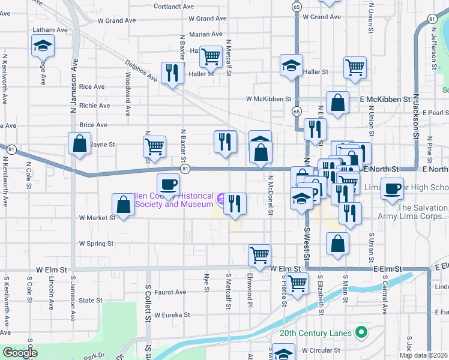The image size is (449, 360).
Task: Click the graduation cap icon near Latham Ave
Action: pyautogui.click(x=42, y=46)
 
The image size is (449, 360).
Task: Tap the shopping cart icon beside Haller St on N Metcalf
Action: pyautogui.click(x=211, y=57)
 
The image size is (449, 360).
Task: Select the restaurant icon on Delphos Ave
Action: pyautogui.click(x=172, y=73)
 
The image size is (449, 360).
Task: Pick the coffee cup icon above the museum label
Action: pyautogui.click(x=168, y=184)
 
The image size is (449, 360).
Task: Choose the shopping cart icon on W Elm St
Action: pyautogui.click(x=259, y=254)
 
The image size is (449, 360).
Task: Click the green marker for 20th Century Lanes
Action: pyautogui.click(x=361, y=332)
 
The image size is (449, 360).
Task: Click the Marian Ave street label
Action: pyautogui.click(x=205, y=35)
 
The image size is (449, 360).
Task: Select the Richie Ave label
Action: pyautogui.click(x=94, y=106)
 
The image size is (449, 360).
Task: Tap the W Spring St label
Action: pyautogui.click(x=97, y=244)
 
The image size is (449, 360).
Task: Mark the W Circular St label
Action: pyautogui.click(x=321, y=350)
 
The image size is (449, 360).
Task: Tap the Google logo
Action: pyautogui.click(x=20, y=353)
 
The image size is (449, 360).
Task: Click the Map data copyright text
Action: pyautogui.click(x=424, y=355)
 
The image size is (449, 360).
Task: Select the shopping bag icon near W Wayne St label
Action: pyautogui.click(x=79, y=143)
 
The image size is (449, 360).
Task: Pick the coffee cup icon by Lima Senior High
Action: pyautogui.click(x=393, y=189)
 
